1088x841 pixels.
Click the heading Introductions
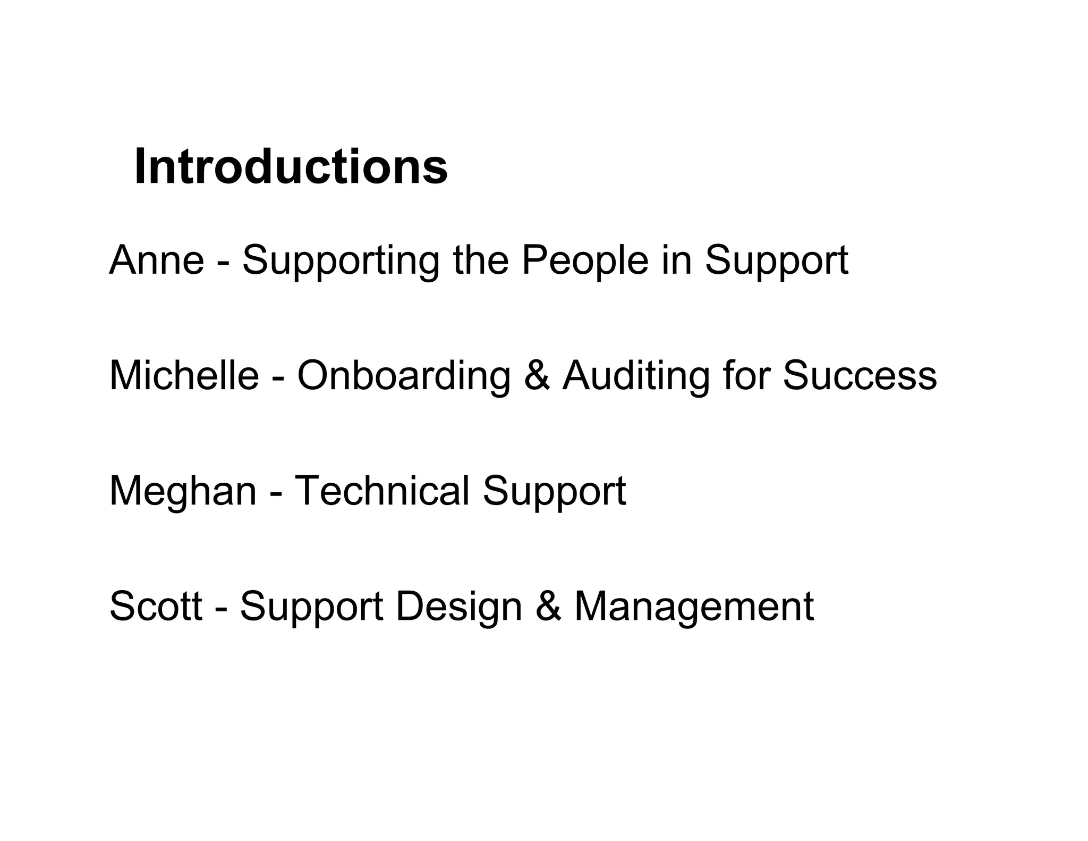(291, 167)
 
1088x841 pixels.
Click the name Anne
(157, 260)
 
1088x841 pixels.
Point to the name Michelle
(184, 375)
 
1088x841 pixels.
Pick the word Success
(859, 376)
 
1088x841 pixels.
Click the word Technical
(381, 491)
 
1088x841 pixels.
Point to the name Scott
(156, 606)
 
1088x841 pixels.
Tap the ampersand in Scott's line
(548, 607)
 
